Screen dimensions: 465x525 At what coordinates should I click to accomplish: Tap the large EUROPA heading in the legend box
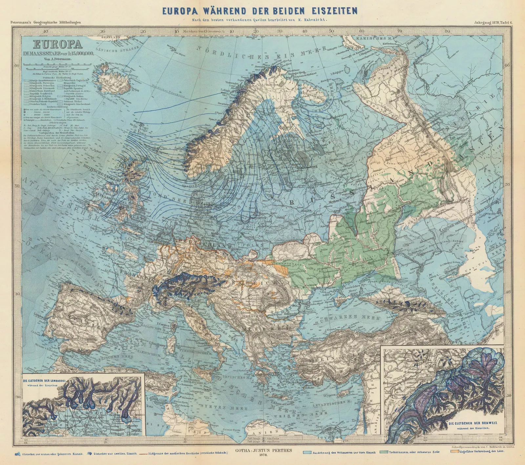pyautogui.click(x=53, y=44)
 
